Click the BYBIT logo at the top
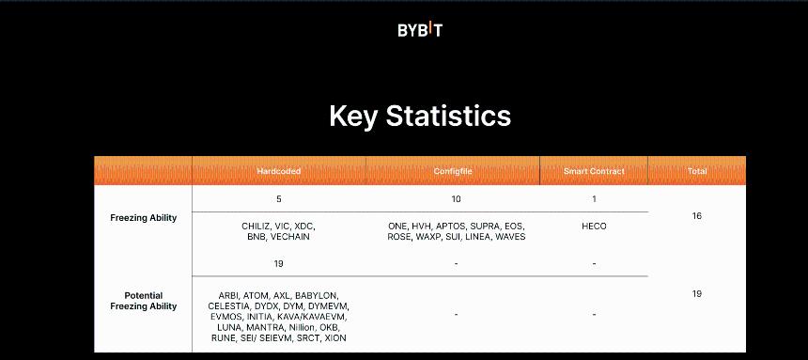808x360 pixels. [419, 30]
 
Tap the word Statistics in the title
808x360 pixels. [449, 116]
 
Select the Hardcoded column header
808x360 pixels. [278, 171]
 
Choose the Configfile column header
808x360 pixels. [453, 171]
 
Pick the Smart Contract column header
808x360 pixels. [594, 171]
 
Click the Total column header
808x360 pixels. [696, 171]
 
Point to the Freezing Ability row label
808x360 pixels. [143, 218]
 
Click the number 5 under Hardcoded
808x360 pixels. [278, 199]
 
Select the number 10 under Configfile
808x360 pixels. [456, 199]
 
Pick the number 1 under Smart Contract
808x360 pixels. [594, 199]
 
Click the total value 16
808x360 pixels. [696, 216]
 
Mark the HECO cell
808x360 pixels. [594, 227]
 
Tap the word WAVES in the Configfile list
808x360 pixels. [510, 237]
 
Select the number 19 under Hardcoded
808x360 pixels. [278, 264]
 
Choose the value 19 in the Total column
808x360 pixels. [696, 294]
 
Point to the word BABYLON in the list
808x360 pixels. [317, 296]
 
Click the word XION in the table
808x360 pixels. [334, 337]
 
